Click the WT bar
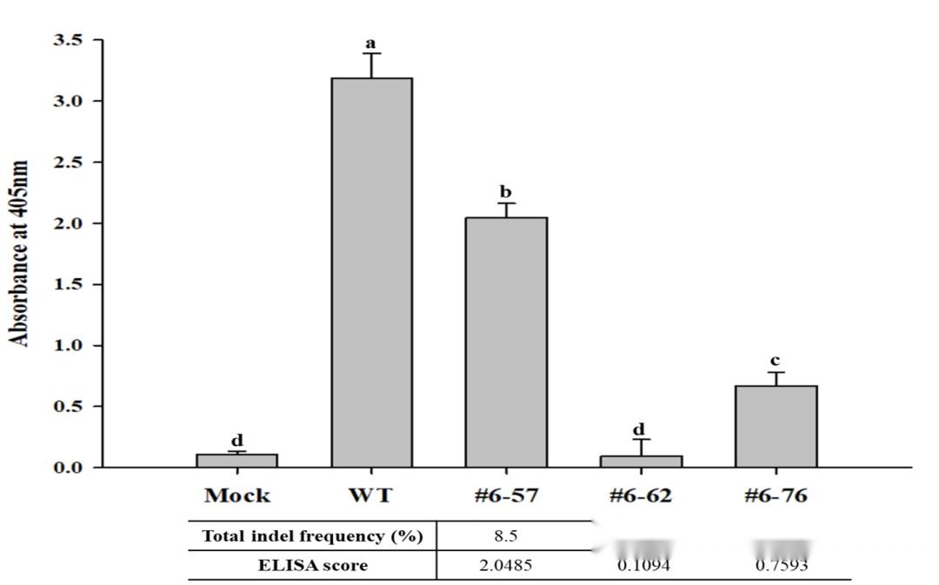click(371, 272)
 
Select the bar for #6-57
click(506, 342)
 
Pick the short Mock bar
click(236, 461)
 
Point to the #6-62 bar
click(641, 462)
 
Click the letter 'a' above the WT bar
click(371, 43)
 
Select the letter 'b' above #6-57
click(506, 191)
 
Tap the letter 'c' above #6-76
click(776, 360)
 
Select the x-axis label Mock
click(236, 496)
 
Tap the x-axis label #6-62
click(641, 496)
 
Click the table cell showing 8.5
click(504, 536)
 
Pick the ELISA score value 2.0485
click(504, 566)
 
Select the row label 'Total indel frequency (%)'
click(312, 536)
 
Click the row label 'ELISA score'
click(312, 566)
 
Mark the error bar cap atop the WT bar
click(371, 54)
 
